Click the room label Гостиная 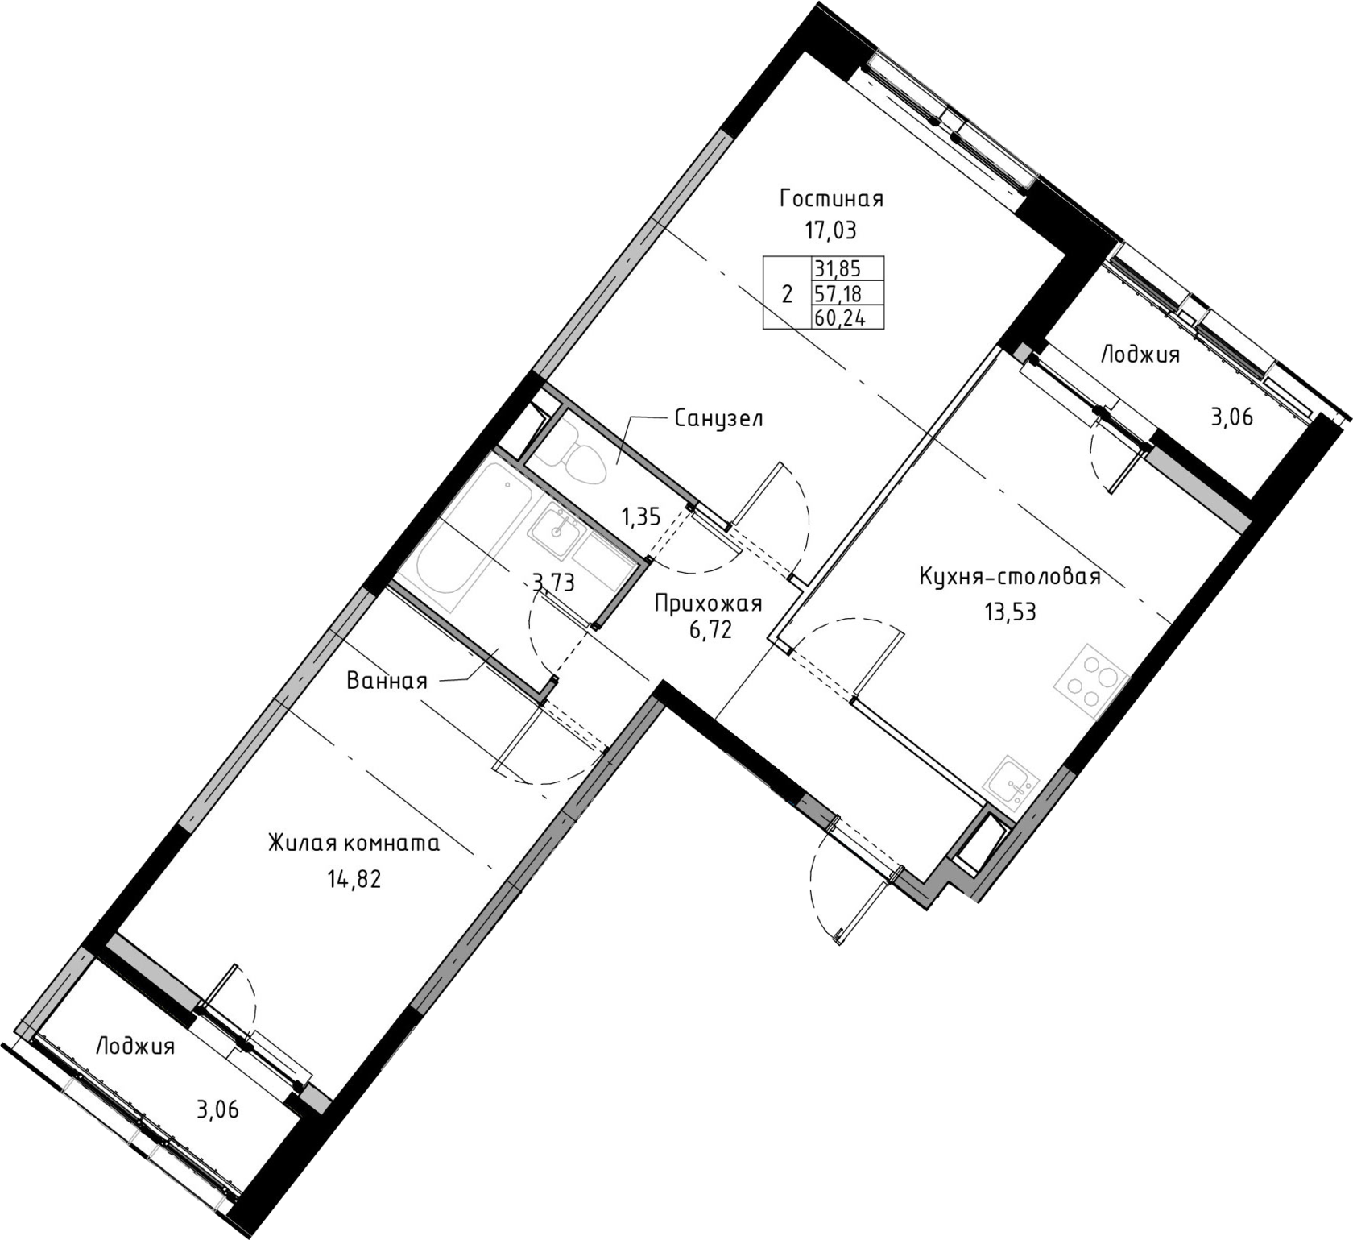(831, 198)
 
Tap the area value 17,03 (830, 231)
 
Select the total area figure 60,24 (838, 317)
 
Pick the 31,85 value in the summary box (838, 268)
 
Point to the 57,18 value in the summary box (838, 292)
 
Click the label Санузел (718, 419)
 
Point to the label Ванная (387, 682)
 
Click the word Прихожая (708, 604)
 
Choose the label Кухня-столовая (1010, 578)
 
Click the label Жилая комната (354, 844)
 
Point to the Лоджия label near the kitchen (1140, 355)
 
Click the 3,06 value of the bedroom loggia (217, 1110)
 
